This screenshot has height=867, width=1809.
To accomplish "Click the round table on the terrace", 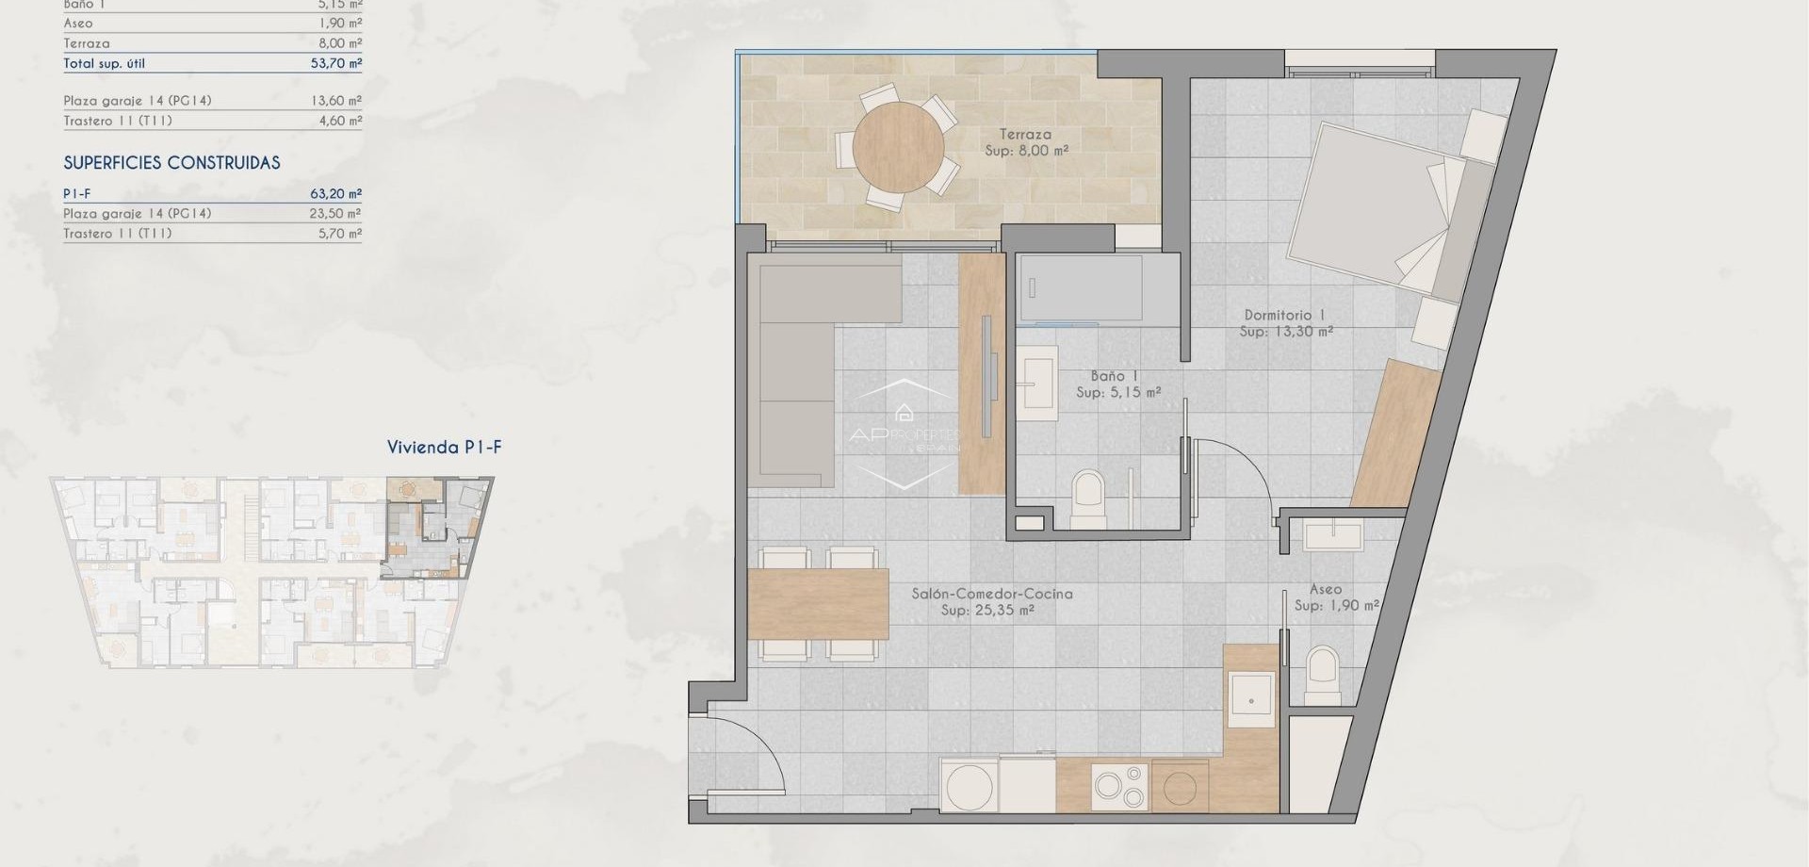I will click(x=897, y=148).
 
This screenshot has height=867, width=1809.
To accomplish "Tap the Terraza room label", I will click(x=1025, y=135).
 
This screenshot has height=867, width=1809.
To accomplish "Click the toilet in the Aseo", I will click(x=1323, y=671).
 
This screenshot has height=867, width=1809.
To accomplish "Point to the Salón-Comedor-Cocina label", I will click(x=991, y=594).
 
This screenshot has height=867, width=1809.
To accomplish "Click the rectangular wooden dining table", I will click(x=819, y=603).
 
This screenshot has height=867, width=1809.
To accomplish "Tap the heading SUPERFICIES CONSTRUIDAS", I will click(x=171, y=163).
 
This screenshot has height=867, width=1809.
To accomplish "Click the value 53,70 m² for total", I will click(x=335, y=63).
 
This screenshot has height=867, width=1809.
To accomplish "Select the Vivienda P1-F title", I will click(x=444, y=448).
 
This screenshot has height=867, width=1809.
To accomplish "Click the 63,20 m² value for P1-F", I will click(x=335, y=194).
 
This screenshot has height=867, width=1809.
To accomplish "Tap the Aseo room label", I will click(x=1325, y=589).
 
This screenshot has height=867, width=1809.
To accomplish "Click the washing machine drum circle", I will click(x=969, y=788).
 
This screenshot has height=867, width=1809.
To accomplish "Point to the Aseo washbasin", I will click(x=1332, y=536).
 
